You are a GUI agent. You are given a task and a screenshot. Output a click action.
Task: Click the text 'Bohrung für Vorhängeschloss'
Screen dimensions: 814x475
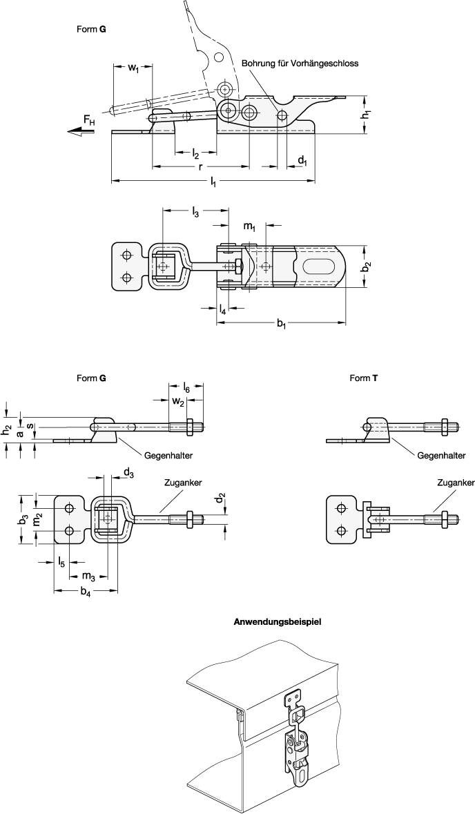[300, 63]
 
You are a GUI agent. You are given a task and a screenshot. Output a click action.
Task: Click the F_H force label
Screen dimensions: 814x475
[90, 122]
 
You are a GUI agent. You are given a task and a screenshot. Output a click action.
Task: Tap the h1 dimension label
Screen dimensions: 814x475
[368, 115]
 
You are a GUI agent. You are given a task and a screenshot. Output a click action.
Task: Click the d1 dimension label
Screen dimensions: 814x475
[302, 160]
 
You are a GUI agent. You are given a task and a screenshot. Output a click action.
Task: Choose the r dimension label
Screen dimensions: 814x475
[200, 167]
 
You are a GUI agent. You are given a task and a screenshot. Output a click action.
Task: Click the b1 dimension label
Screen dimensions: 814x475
[282, 325]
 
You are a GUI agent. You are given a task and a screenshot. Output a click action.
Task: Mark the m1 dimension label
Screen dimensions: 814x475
[249, 226]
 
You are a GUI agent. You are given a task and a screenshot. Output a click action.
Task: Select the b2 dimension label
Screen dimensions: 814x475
[368, 266]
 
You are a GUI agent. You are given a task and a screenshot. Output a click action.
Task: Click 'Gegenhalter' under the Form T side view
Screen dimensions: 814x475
[442, 456]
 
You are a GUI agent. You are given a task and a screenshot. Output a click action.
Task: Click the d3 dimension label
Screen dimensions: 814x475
[128, 473]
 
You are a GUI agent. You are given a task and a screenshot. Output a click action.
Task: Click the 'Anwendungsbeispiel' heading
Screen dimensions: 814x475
[278, 621]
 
